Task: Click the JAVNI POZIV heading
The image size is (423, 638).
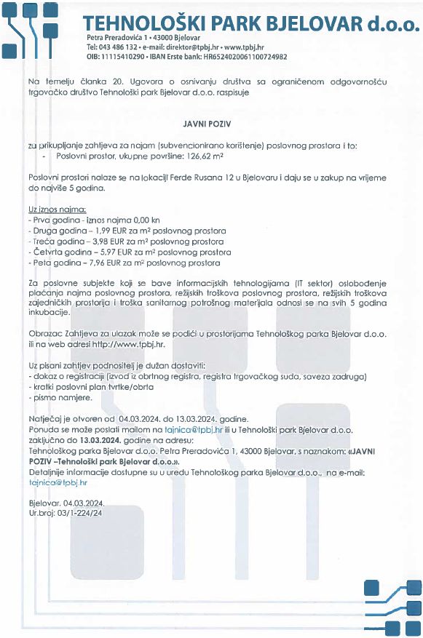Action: [x=211, y=123]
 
